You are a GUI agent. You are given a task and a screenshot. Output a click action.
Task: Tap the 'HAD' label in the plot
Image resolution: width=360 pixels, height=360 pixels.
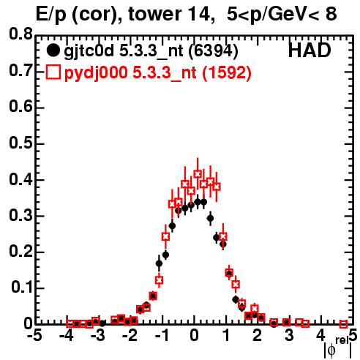point(310,50)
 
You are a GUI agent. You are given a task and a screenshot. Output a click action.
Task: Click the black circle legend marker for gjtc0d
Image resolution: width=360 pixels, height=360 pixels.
point(53,50)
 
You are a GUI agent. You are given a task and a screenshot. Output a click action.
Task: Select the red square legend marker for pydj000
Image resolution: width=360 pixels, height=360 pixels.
point(53,72)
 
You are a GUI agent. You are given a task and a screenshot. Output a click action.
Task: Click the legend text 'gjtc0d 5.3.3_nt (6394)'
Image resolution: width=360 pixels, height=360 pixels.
point(151,51)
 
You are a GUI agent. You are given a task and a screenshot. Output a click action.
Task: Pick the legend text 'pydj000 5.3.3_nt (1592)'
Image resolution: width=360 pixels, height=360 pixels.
point(158,73)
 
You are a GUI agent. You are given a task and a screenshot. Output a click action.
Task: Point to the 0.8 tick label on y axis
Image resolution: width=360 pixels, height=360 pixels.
point(20,34)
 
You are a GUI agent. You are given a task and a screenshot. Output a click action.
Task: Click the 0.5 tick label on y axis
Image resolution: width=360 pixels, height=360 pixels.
point(20,143)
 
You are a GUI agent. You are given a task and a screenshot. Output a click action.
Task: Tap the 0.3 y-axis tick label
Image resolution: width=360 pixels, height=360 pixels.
point(20,215)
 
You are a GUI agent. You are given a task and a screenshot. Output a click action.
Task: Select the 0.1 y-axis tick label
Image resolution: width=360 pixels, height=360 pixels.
point(21,288)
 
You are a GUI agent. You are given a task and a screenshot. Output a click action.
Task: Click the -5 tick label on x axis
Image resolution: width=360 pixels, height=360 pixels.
point(34,336)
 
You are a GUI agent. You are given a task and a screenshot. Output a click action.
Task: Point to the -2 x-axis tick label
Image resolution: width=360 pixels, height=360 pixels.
point(130,336)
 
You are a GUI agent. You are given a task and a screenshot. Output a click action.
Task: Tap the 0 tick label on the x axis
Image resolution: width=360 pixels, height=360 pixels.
point(194,336)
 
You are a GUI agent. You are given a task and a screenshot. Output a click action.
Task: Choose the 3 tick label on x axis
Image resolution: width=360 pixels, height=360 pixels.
point(289,336)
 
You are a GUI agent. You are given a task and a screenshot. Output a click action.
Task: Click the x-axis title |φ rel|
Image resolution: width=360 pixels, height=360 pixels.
point(338,348)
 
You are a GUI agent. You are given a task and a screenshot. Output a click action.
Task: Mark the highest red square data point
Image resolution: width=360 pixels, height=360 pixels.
point(198,174)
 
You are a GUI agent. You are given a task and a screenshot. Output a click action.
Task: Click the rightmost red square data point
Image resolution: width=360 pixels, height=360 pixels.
point(343,324)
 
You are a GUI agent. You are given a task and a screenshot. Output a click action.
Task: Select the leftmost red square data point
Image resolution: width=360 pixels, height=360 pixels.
point(70,323)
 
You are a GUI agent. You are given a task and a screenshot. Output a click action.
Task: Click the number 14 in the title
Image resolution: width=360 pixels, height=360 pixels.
point(200,14)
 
